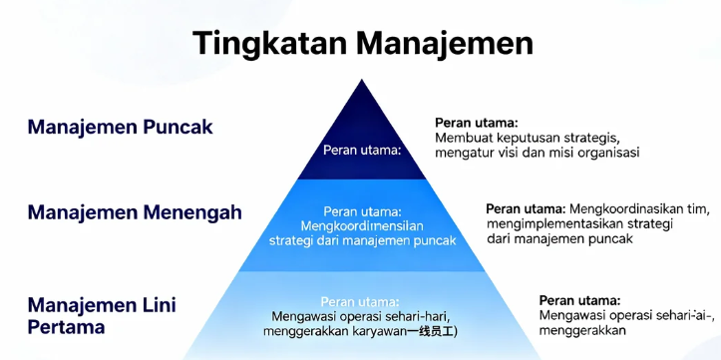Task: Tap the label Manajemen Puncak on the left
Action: coord(120,128)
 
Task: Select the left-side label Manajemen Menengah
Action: coord(135,212)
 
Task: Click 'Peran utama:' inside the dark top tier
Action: coord(361,151)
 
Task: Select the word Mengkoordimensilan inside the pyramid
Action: coord(360,226)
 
